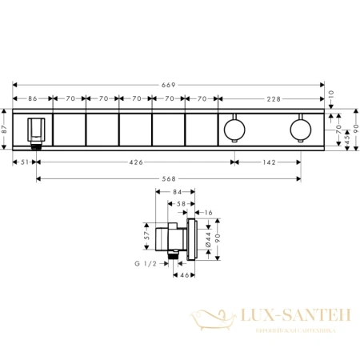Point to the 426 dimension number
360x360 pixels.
pyautogui.click(x=136, y=162)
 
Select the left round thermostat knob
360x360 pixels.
pyautogui.click(x=234, y=128)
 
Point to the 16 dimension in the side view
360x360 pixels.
pyautogui.click(x=209, y=213)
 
